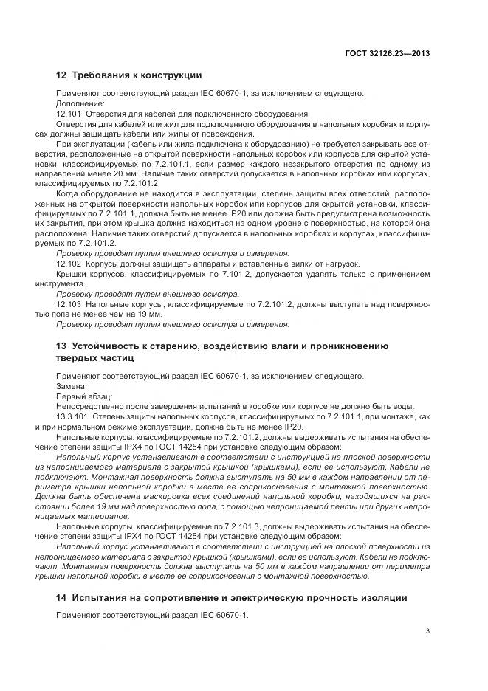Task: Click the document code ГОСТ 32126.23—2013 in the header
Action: tap(387, 53)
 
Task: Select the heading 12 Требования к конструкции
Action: tap(128, 75)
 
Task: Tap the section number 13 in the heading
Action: tap(61, 345)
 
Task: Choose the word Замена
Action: tap(72, 386)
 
